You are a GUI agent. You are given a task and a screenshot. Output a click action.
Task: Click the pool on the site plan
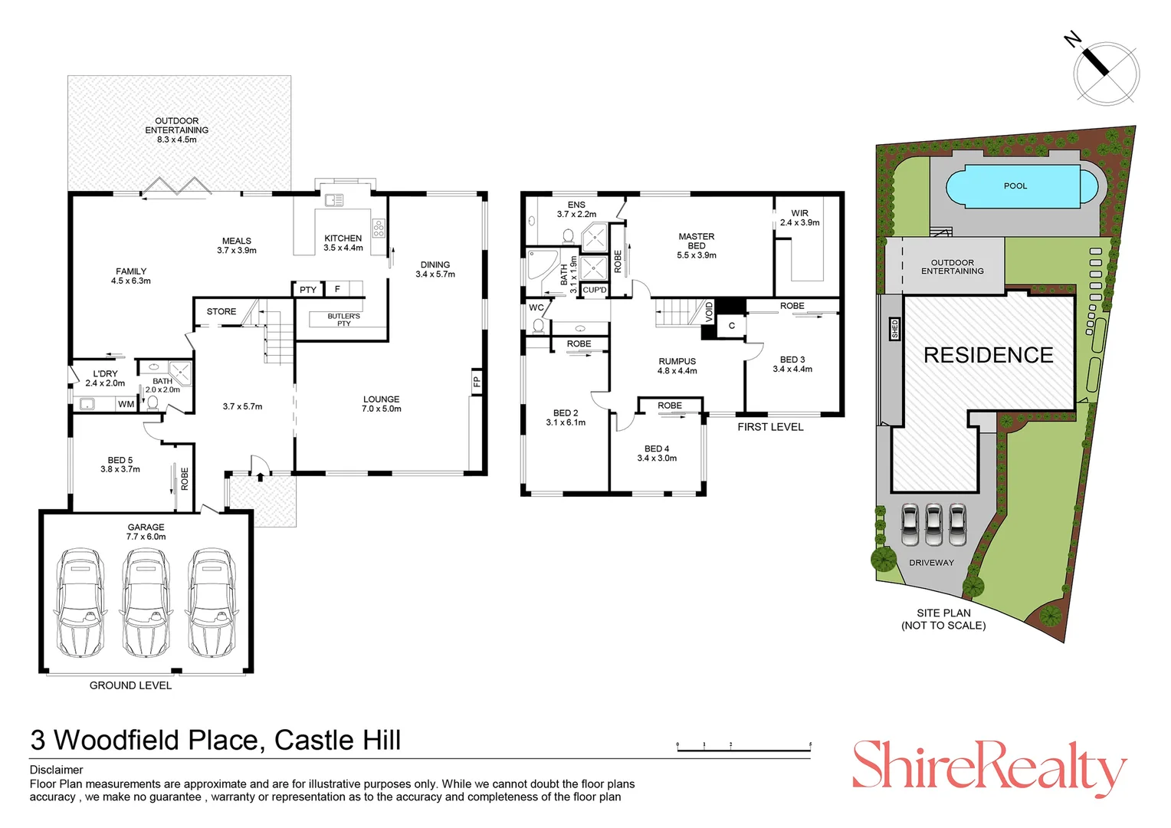(x=1015, y=186)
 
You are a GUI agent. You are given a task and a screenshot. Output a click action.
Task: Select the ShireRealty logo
(x=989, y=767)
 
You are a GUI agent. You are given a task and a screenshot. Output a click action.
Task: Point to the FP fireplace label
(x=476, y=381)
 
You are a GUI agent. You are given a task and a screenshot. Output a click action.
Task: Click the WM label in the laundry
(x=126, y=404)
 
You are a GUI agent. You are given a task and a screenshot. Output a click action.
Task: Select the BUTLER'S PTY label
(x=343, y=320)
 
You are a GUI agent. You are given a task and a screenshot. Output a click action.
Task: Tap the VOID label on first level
(x=709, y=310)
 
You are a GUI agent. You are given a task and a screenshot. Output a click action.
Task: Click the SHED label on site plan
(x=894, y=329)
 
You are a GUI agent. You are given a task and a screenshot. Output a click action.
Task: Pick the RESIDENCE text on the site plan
(x=988, y=355)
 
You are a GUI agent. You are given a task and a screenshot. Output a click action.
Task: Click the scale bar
(x=743, y=746)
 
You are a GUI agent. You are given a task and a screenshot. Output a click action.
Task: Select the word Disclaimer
(x=57, y=770)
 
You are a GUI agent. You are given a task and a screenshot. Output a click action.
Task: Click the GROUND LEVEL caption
(x=130, y=685)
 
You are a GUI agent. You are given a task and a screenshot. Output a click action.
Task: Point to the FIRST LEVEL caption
(x=770, y=427)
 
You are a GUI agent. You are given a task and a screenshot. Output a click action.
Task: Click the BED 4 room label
(x=657, y=453)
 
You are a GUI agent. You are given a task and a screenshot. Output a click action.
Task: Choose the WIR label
(x=799, y=218)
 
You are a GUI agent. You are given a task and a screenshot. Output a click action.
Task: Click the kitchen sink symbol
(x=334, y=201)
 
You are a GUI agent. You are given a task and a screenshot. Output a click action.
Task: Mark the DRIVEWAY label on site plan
(x=931, y=563)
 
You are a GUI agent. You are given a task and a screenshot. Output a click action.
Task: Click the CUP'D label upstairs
(x=594, y=290)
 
